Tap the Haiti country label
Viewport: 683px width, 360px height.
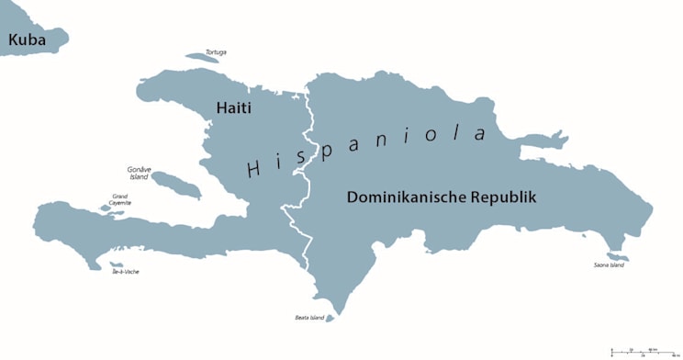233,107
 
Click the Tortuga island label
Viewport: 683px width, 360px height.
216,52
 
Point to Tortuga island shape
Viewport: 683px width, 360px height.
203,58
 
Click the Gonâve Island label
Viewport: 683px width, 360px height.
139,174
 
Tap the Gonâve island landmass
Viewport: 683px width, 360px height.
176,185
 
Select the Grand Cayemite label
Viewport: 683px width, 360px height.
120,198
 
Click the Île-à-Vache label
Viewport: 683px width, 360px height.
126,272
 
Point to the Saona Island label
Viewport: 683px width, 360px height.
609,265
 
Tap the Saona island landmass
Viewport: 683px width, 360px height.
614,256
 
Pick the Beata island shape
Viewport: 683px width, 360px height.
330,319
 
